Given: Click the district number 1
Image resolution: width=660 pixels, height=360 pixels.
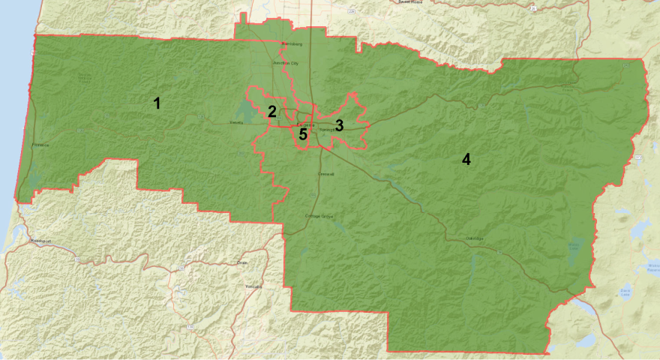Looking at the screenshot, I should coord(157,103).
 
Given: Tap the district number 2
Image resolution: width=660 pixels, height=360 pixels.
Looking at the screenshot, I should coord(272,112).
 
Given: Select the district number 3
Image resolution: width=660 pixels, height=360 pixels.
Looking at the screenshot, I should coord(339,125).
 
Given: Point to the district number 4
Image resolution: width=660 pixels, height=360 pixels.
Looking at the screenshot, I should coord(466,160).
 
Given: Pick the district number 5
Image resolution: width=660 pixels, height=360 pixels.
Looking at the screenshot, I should coord(303,134).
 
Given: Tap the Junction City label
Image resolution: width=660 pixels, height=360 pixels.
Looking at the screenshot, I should coord(285,64).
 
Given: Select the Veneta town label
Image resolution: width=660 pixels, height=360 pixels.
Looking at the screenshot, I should coord(237,122).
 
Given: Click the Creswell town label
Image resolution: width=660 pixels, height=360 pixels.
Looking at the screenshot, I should coord(325,174).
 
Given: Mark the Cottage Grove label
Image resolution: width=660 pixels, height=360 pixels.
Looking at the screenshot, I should coord(319,216).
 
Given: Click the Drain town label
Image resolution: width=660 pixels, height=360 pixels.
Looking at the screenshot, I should coord(241,263).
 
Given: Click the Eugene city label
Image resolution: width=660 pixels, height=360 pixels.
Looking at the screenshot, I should coord(305,125).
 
